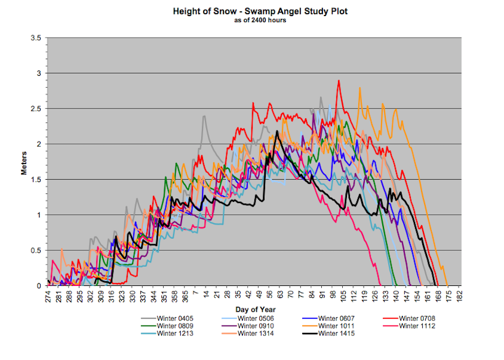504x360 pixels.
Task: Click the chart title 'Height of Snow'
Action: coord(252,11)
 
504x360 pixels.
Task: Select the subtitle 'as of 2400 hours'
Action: coord(252,20)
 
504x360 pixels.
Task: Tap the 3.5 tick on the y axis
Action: coord(35,38)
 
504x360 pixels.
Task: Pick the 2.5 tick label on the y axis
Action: coord(35,109)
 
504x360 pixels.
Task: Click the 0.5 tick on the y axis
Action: coord(35,250)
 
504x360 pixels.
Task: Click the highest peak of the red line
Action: coord(339,81)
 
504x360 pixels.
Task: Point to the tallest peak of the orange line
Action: coord(359,88)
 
